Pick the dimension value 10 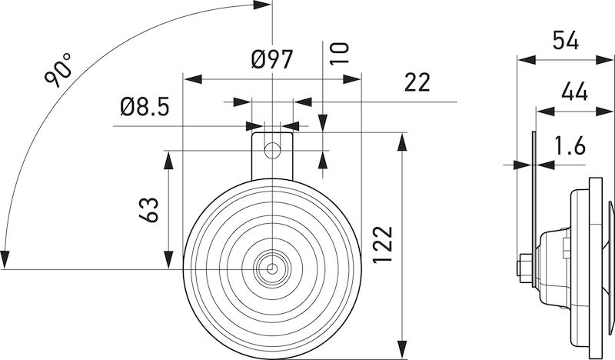(341, 52)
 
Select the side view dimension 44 (574, 93)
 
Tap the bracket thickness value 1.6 (568, 145)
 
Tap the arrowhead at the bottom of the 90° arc (6, 258)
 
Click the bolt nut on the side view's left (523, 266)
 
